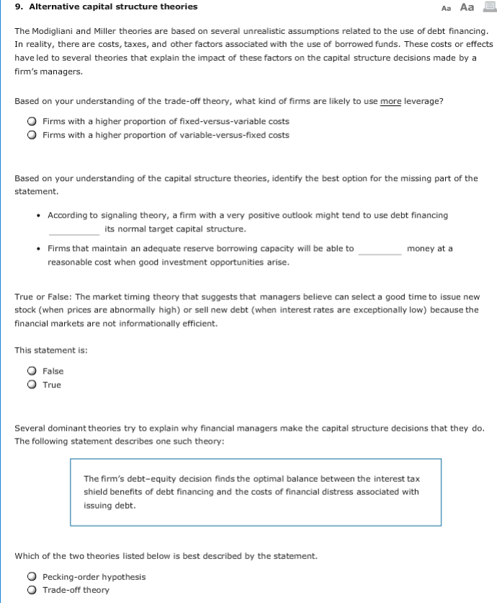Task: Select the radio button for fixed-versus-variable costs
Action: [32, 122]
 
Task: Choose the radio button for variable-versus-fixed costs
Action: [32, 135]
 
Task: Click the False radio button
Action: [32, 371]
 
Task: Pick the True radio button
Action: [32, 385]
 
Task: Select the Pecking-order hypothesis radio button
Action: [32, 577]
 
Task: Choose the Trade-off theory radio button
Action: [32, 591]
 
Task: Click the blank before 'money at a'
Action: [380, 249]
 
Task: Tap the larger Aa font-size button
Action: [467, 6]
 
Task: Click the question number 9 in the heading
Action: [18, 6]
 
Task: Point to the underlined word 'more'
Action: [390, 101]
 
